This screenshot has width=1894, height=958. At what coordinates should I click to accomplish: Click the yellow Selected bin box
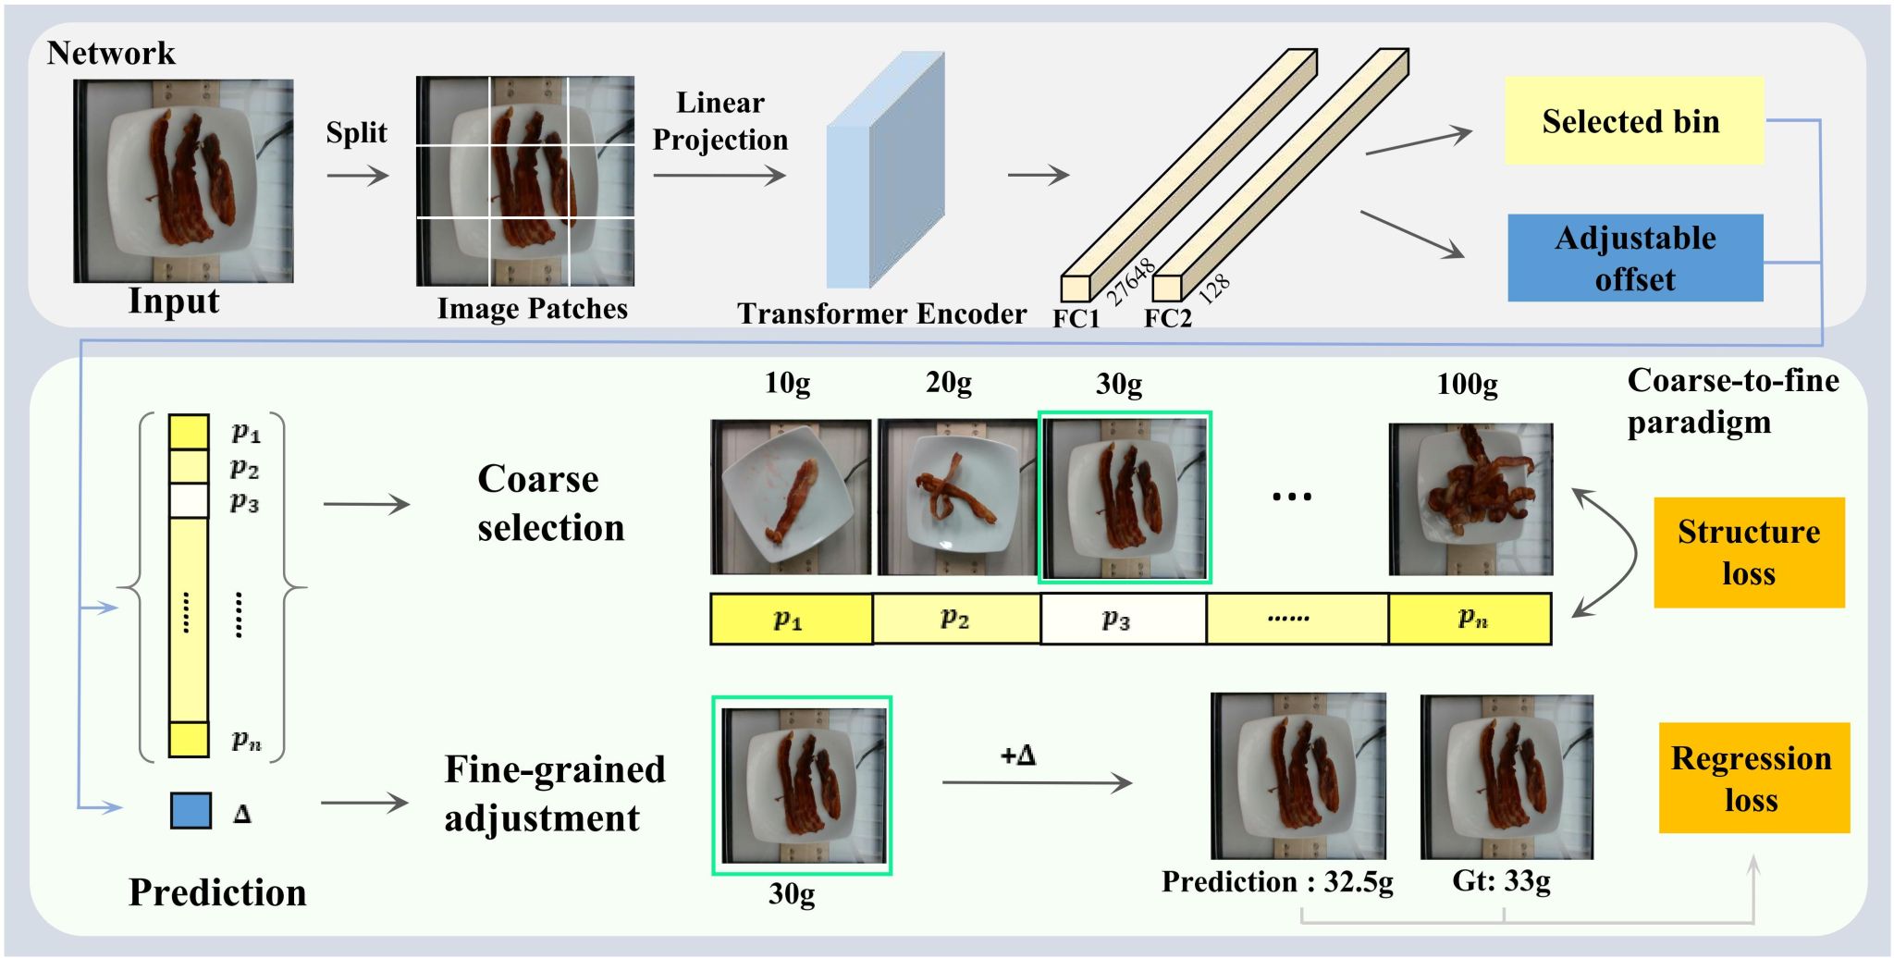coord(1634,121)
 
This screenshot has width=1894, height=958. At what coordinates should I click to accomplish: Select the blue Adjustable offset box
coord(1635,258)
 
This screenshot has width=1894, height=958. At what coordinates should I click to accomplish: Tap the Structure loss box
coord(1749,552)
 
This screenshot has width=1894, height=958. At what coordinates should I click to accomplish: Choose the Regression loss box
coord(1753,778)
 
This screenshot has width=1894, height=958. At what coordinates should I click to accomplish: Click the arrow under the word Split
coord(358,175)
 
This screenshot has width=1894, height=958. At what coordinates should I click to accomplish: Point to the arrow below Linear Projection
coord(719,175)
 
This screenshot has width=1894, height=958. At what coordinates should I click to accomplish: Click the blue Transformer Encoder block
coord(885,170)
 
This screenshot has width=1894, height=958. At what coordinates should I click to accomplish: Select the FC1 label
coord(1076,318)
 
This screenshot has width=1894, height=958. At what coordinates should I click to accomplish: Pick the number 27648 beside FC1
coord(1131,281)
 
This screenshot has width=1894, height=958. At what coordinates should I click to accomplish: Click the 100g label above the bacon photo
coord(1467,384)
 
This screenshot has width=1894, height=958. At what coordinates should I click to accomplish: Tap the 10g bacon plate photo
coord(791,497)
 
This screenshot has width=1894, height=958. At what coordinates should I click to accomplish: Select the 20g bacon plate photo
coord(957,497)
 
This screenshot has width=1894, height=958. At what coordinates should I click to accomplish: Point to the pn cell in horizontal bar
coord(1470,619)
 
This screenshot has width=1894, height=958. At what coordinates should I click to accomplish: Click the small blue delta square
coord(191,810)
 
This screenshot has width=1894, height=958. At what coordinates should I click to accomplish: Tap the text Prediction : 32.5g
coord(1277,882)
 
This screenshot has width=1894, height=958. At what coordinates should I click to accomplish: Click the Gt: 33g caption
coord(1501,881)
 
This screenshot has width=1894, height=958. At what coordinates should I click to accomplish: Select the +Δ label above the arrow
coord(1017,755)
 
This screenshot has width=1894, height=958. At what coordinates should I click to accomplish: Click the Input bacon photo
coord(183,180)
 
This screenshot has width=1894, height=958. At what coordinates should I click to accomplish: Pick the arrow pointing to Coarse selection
coord(366,504)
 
